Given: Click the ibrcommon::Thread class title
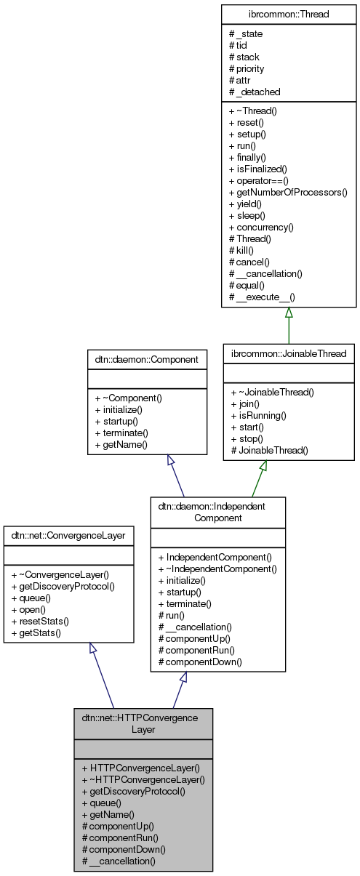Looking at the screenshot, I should pos(289,14).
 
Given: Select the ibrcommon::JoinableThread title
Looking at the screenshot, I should pos(289,353).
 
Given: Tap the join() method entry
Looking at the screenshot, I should pos(250,403).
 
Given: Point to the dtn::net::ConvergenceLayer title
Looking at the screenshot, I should pos(68,535).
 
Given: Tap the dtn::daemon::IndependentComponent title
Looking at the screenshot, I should pos(217,511).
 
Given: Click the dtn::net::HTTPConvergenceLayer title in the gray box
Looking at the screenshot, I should pos(143,723).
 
